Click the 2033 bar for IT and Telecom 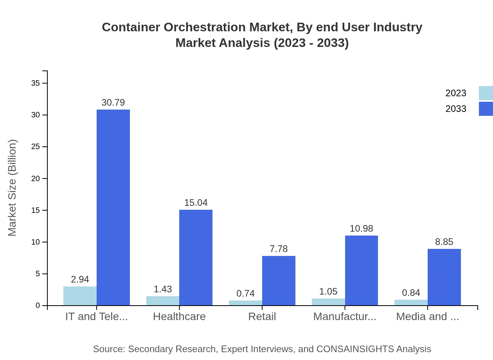coord(113,207)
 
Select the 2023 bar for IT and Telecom coord(80,296)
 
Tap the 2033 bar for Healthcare coord(196,257)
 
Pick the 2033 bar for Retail coord(279,281)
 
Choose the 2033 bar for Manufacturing coord(361,270)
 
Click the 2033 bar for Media coord(444,277)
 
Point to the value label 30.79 coord(113,103)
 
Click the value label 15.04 coord(196,203)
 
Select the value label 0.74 coord(245,293)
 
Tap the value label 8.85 coord(444,242)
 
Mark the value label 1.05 coord(328,292)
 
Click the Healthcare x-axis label coord(179,317)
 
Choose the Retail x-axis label coord(262,317)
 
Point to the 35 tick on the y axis coord(35,83)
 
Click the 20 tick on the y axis coord(35,178)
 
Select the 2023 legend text coord(456,93)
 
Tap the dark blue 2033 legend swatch coord(486,109)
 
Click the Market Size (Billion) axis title coord(13,188)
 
